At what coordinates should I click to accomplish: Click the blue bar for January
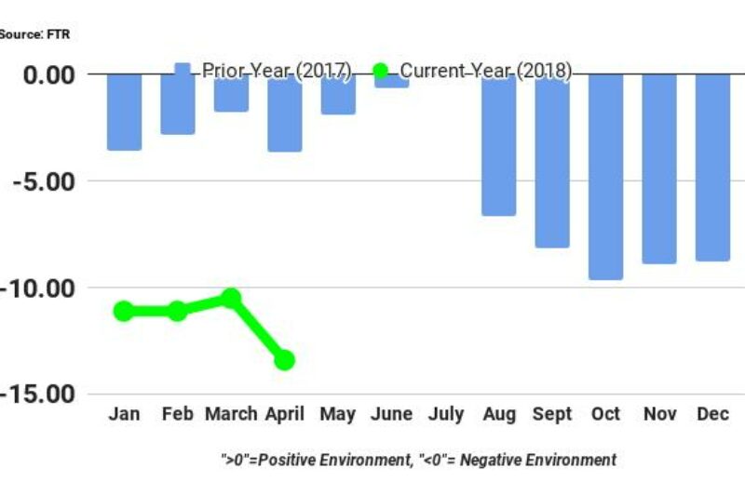coord(124,112)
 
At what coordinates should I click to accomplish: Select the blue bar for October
coord(605,177)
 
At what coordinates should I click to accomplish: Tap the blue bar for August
coord(498,144)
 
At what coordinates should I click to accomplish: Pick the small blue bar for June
coord(391,81)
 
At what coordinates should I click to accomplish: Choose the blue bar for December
coord(712,167)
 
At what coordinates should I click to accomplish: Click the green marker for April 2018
coord(284,360)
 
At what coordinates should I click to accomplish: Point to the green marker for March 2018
coord(231,298)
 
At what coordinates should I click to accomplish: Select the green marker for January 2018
coord(124,311)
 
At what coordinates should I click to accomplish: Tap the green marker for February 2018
coord(177,311)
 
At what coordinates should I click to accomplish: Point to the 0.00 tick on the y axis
coord(54,74)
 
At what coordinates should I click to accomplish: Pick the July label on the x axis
coord(445,415)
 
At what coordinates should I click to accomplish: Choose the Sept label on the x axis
coord(552,415)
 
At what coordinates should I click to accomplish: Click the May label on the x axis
coord(338,415)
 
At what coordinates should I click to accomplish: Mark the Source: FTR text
coord(34,34)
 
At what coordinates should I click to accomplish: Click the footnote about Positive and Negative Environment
coord(418,460)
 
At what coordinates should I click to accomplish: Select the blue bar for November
coord(659,168)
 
